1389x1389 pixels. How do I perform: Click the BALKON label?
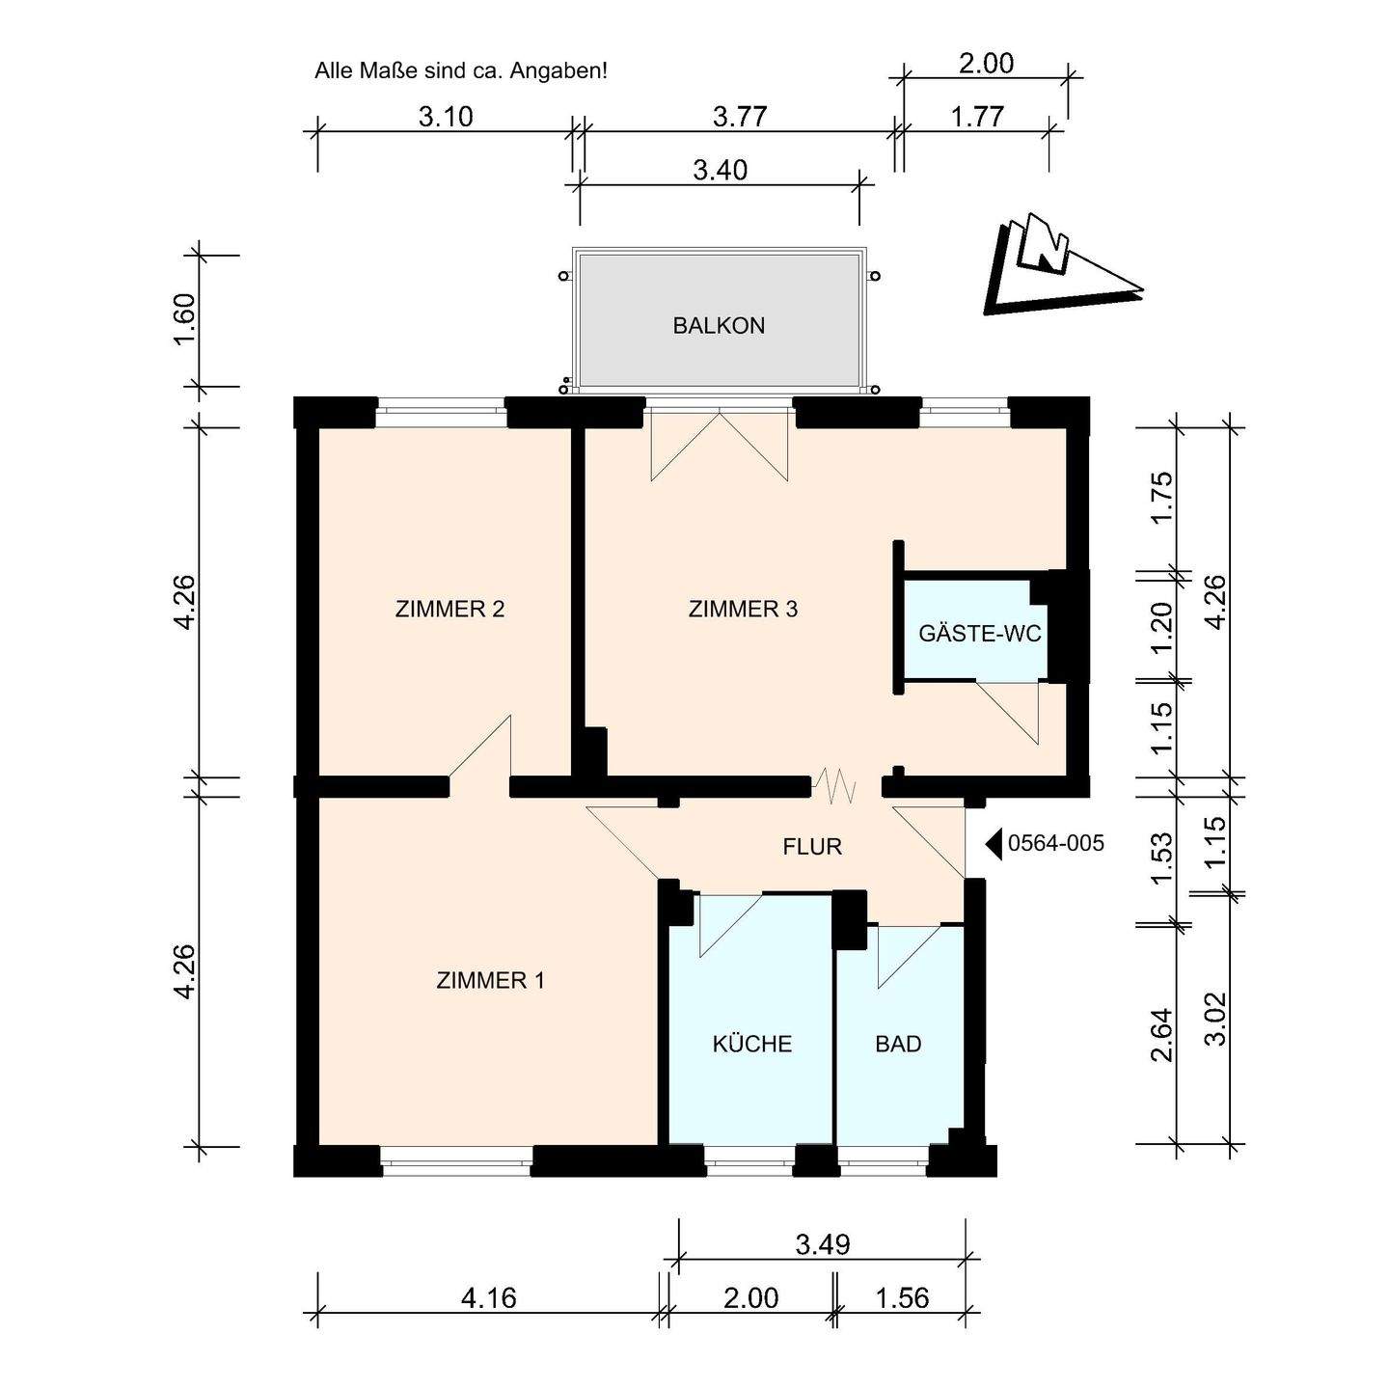(719, 326)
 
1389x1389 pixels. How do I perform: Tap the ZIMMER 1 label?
(490, 980)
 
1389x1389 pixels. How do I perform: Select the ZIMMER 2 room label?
(449, 609)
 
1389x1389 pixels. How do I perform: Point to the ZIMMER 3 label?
(743, 609)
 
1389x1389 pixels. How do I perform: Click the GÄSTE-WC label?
(980, 634)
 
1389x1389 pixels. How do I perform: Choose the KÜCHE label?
(751, 1043)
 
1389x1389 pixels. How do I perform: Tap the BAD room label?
(898, 1044)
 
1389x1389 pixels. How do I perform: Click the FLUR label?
(812, 846)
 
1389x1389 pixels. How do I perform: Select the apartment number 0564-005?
(1055, 843)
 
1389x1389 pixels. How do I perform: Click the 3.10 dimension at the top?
(446, 116)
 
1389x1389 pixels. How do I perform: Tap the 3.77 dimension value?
(740, 116)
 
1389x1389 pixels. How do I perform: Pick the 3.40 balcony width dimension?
(721, 170)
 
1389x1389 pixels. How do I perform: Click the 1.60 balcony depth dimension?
(184, 319)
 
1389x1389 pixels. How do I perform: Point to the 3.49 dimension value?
(823, 1244)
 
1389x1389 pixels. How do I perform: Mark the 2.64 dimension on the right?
(1162, 1035)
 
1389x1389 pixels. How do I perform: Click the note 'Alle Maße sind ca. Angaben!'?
(461, 72)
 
